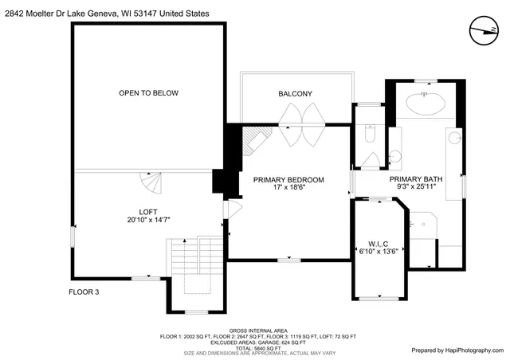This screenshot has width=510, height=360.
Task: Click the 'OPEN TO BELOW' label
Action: tap(148, 93)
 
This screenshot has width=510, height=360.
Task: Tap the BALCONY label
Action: tap(295, 94)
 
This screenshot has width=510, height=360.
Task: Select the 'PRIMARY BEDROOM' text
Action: tap(288, 179)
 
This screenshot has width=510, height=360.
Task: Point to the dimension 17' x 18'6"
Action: tap(288, 188)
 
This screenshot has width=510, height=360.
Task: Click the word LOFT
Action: tap(147, 211)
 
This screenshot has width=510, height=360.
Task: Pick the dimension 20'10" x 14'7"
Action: tap(147, 220)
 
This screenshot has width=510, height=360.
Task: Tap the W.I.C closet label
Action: tap(378, 243)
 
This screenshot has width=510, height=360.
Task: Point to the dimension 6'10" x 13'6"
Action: tap(378, 252)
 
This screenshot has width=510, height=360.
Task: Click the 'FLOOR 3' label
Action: tap(84, 292)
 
